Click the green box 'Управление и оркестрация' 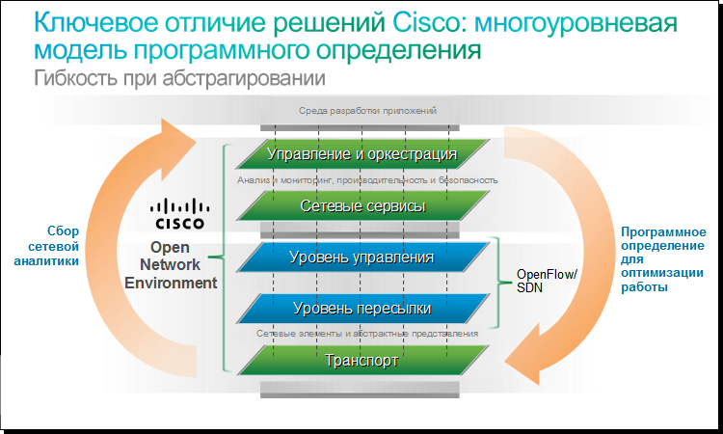(361, 153)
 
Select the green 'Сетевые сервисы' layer (361, 205)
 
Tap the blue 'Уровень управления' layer (361, 258)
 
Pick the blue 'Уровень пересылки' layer (361, 309)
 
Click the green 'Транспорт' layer (361, 360)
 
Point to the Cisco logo (179, 213)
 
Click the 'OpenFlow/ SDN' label (546, 281)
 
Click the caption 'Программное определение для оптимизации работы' (664, 259)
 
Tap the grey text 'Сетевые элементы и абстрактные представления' (367, 334)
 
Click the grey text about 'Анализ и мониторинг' (367, 179)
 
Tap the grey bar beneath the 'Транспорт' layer (361, 389)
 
